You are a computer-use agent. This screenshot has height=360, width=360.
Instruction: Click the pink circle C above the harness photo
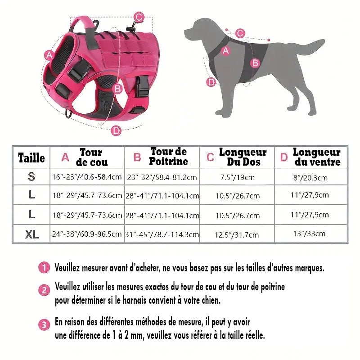pos(139,18)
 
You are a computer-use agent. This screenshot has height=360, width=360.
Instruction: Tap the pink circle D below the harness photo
pos(116,130)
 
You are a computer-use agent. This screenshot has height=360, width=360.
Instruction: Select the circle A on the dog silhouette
pos(226,51)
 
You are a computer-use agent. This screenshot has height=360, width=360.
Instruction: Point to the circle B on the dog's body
pos(255,63)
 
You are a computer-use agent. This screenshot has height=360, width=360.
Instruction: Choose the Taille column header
pos(31,157)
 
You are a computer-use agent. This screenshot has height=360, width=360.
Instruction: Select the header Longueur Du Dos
pos(243,157)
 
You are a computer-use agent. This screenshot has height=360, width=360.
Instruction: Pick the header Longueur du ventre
pos(317,157)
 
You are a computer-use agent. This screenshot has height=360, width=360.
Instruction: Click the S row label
pos(31,177)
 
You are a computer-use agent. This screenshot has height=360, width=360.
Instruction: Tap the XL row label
pos(31,234)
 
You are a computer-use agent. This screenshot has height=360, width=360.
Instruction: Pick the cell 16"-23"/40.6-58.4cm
pos(87,177)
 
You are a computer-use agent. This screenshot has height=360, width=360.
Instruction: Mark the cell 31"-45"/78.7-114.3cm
pos(162,234)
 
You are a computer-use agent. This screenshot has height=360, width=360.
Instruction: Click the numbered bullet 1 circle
pos(44,268)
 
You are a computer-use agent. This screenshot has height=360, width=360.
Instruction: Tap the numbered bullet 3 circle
pos(44,325)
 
